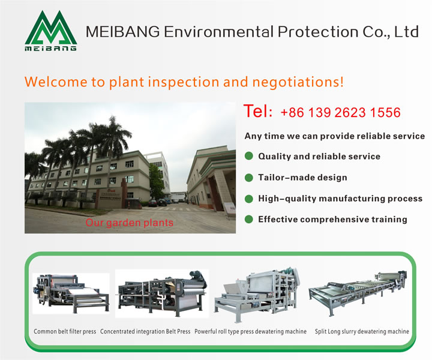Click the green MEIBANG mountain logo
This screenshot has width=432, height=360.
click(x=51, y=31)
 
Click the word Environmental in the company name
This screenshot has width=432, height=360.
click(x=219, y=32)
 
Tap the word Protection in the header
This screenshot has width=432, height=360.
click(x=318, y=32)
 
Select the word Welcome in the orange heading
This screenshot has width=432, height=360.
click(x=56, y=82)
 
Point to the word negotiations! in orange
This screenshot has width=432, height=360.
click(x=298, y=82)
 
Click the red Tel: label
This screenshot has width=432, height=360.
click(x=258, y=111)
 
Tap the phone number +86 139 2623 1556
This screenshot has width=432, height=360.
click(x=341, y=112)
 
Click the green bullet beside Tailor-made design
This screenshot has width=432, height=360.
click(x=249, y=178)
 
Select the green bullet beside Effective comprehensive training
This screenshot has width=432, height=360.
click(x=249, y=220)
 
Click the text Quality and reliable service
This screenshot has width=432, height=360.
click(x=319, y=157)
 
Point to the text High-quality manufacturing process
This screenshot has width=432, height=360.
click(x=340, y=199)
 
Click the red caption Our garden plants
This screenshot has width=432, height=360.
click(x=129, y=223)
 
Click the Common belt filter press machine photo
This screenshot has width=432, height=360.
click(x=71, y=293)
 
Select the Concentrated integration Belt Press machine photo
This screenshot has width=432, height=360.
click(x=162, y=293)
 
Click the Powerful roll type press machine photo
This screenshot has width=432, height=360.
click(x=257, y=294)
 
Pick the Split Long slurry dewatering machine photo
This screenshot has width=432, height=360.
click(x=358, y=293)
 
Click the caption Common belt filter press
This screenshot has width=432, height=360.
click(x=65, y=331)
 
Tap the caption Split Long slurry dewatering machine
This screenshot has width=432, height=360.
click(x=362, y=331)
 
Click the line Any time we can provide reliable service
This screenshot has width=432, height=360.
click(x=335, y=136)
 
